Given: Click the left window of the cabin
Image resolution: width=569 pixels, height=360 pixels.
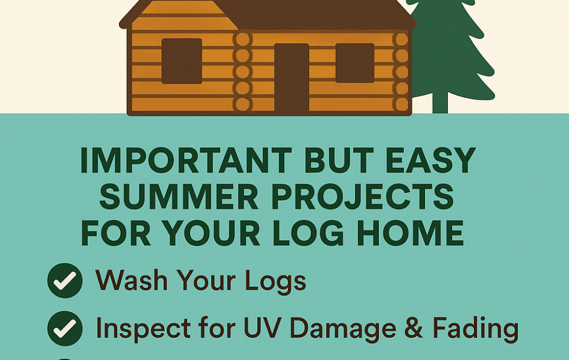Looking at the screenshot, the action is coord(182,61).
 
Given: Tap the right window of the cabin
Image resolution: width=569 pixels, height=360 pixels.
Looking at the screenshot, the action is coord(354,63).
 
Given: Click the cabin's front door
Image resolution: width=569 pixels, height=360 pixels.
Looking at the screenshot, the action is coord(291,78).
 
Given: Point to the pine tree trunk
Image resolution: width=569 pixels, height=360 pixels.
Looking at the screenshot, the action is coord(440,102).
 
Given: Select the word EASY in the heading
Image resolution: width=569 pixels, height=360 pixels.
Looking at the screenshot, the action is coord(431,160).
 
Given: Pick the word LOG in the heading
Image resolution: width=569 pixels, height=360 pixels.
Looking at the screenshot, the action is coord(307,233).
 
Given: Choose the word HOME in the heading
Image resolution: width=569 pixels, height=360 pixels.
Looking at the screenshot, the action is coord(410,233).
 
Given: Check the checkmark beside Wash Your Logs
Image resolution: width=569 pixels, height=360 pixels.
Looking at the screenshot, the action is coord(65,280).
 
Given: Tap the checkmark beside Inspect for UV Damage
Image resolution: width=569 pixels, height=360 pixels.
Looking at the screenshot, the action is coord(65,329).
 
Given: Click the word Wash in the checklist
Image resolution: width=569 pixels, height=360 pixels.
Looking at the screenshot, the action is coord(131,280).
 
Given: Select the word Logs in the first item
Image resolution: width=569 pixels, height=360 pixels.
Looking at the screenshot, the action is coord(275,282).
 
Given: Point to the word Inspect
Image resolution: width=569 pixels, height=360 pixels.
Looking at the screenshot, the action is coord(143,329).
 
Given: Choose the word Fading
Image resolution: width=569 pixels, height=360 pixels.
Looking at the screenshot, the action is coord(475,329).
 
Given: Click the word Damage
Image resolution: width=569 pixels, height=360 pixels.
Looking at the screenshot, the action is coord(343,329).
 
